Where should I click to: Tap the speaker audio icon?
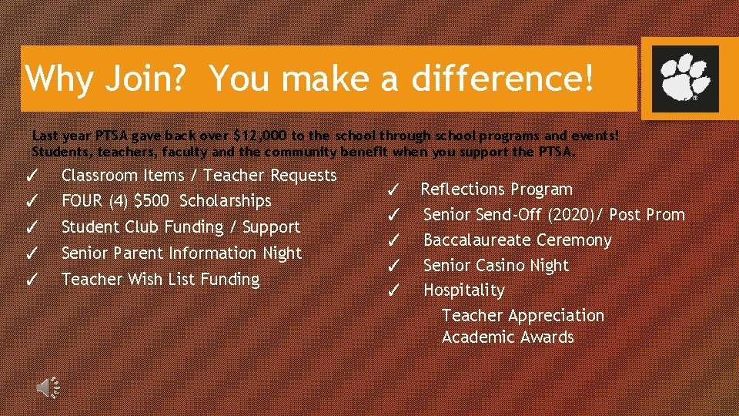coord(48,387)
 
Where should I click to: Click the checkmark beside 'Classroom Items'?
coord(32,176)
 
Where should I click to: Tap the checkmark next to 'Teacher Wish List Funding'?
coord(32,279)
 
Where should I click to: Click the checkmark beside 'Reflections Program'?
coord(392,190)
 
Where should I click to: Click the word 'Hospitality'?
coord(464,291)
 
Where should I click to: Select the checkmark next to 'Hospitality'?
coord(392,291)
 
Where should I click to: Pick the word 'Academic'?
coord(474,337)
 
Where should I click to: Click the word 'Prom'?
coord(665,215)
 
